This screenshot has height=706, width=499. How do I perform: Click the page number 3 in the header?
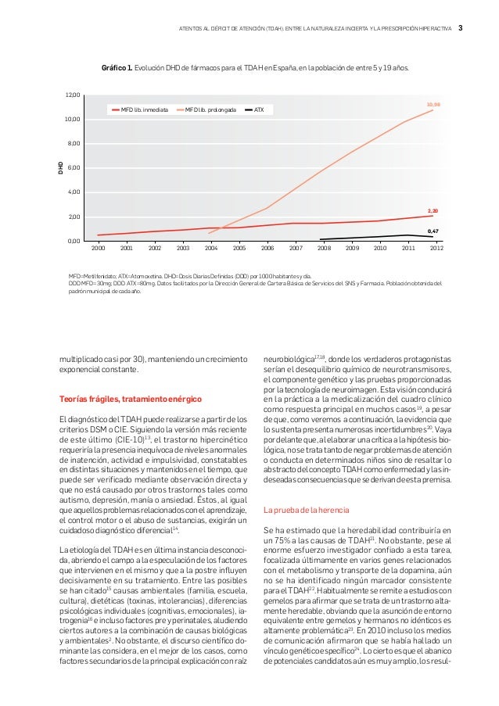[461, 29]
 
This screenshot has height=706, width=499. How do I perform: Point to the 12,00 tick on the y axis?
[73, 95]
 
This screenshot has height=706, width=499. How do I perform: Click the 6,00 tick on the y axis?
[74, 168]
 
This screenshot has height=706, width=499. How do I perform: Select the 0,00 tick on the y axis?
[74, 242]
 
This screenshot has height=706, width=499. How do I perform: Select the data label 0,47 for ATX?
[433, 231]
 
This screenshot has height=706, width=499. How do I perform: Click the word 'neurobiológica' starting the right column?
[289, 357]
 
